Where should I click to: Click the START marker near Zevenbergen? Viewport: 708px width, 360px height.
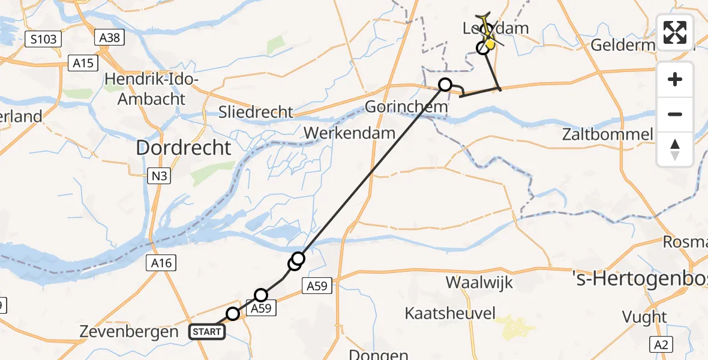coord(207,331)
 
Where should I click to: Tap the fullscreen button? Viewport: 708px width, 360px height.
coord(675,32)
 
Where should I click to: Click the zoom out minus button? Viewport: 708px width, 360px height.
coord(675,114)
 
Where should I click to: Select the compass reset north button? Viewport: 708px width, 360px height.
coord(675,149)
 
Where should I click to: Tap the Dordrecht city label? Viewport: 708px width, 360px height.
coord(184,148)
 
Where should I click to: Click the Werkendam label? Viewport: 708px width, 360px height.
coord(350,133)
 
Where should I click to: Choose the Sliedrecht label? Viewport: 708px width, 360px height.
coord(256,112)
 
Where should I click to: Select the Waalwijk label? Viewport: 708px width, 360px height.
coord(479,282)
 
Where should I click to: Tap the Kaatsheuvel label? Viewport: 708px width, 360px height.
coord(450,313)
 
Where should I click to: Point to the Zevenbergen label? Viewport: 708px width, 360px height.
coord(129,332)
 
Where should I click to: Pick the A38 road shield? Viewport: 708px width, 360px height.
coord(109,38)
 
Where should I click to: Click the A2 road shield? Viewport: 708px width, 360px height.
coord(662,344)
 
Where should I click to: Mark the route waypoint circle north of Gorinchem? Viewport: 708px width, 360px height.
coord(445,85)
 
